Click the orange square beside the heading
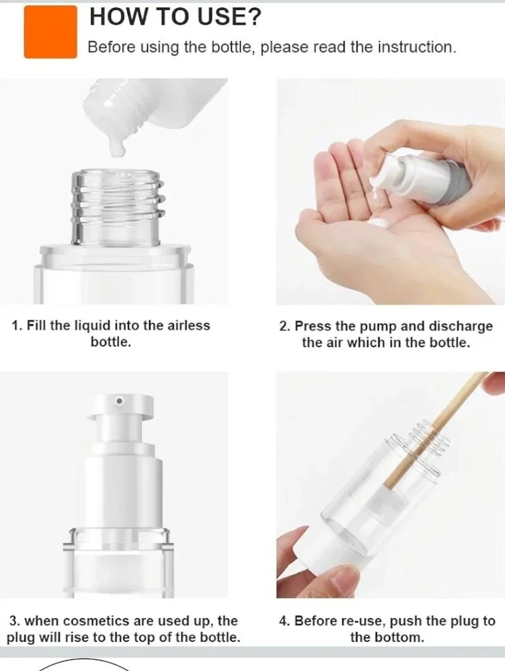pyautogui.click(x=50, y=32)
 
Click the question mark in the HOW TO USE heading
pyautogui.click(x=254, y=17)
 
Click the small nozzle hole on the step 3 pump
pyautogui.click(x=120, y=401)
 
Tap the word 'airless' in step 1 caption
pyautogui.click(x=188, y=325)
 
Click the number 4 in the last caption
pyautogui.click(x=283, y=621)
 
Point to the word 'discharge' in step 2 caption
pyautogui.click(x=461, y=327)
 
